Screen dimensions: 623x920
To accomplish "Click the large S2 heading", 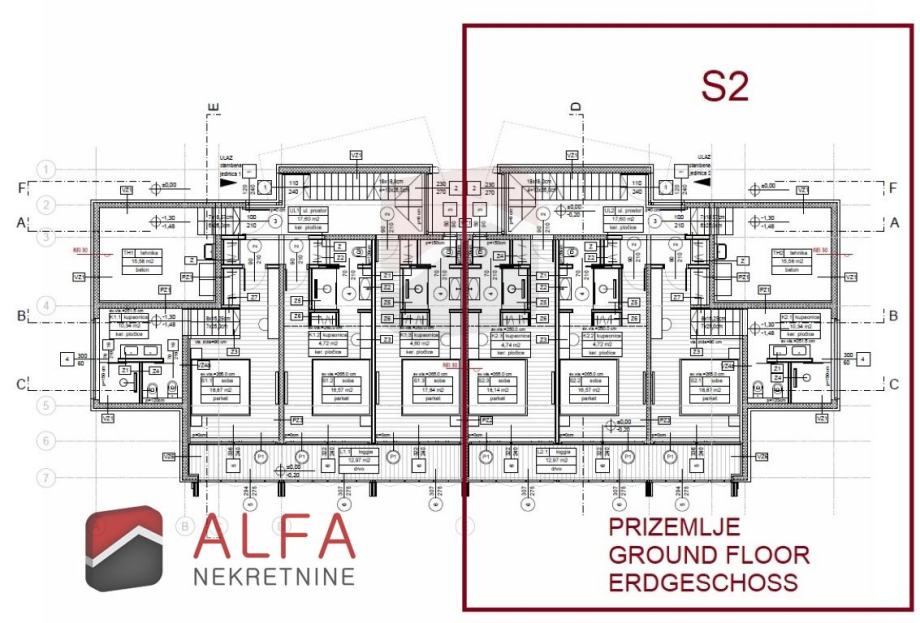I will coord(725,86).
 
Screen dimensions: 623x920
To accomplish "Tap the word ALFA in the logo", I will coord(274,537).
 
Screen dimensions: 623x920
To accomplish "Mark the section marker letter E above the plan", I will coord(213,107).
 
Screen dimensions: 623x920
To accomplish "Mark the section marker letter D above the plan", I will coord(576,107).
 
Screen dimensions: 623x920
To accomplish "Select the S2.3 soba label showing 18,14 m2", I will coord(491,386).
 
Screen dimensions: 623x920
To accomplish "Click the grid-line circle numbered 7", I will coord(45,477).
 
